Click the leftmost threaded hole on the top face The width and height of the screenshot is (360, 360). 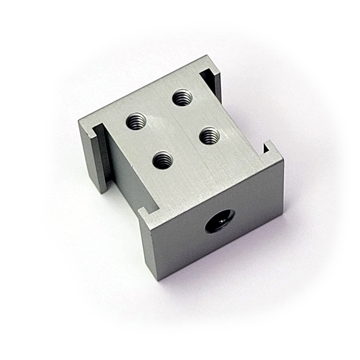coord(136,121)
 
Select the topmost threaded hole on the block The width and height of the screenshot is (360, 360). coord(182,97)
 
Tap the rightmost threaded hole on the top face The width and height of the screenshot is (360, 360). coord(209,136)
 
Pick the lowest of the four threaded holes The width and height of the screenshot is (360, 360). coord(163,160)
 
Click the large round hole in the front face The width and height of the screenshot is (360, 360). coord(220,221)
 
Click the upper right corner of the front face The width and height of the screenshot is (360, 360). coord(283,159)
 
